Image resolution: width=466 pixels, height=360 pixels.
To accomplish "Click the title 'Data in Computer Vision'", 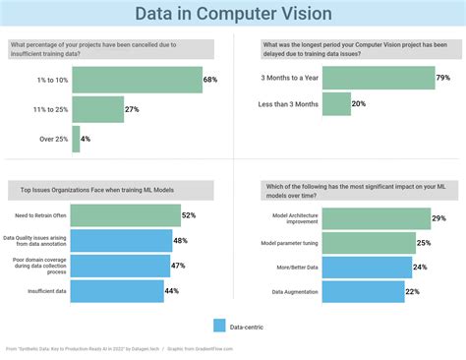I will coord(233,15).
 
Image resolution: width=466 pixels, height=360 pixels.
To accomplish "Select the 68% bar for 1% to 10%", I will coord(137,80).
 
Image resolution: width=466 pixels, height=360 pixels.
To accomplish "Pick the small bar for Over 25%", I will coord(75,139).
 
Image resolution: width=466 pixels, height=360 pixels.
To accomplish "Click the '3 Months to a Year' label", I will coord(288,77).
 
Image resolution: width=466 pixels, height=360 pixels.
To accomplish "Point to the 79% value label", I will coord(443,77).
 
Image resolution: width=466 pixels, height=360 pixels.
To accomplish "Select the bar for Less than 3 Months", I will coord(336,103).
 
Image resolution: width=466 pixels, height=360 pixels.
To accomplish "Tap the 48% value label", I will coord(181,240).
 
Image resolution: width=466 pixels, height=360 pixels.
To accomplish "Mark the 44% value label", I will coord(172,291).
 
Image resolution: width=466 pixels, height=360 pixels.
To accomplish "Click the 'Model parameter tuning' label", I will coord(288,242).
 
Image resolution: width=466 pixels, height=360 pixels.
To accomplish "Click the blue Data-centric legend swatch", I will coord(218,326).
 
